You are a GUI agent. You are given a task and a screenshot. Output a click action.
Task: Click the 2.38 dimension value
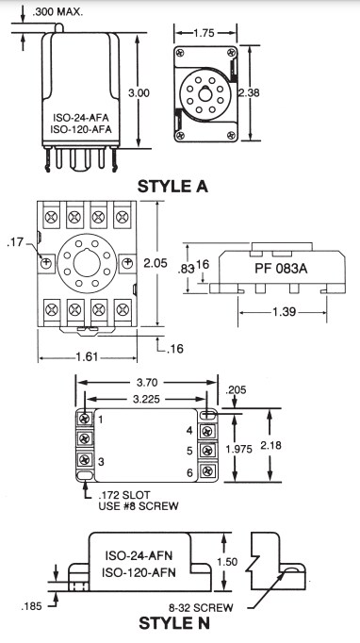pos(249,93)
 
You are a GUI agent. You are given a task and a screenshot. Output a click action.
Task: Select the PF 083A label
pos(281,267)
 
